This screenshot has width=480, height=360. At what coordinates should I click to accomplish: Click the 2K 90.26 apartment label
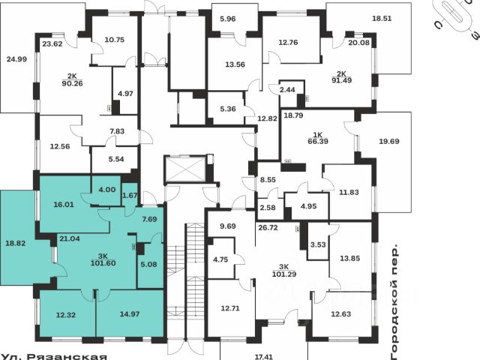[x=71, y=79]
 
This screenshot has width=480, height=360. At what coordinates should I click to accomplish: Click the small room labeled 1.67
[x=130, y=196]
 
